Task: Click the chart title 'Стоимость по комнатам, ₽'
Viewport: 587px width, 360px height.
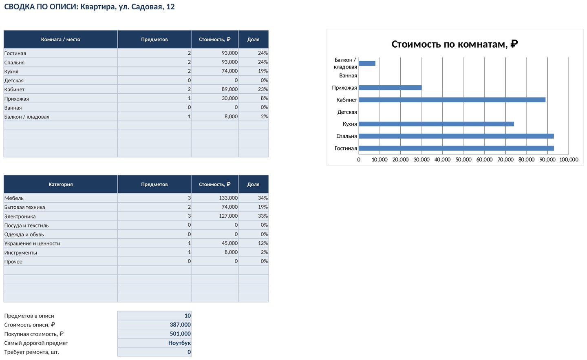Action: pos(455,44)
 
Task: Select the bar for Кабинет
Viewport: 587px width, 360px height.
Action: pos(452,100)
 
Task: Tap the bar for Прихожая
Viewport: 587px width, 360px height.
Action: pos(390,88)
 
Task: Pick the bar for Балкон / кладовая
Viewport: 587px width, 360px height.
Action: pos(367,63)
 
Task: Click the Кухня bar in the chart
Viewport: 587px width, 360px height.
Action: pos(436,124)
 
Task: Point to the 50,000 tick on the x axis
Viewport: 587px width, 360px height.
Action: pos(463,159)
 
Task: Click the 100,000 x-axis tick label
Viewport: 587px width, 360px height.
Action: pos(569,159)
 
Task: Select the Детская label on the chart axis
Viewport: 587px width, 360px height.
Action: pos(347,112)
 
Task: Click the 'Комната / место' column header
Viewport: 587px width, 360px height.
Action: pos(60,39)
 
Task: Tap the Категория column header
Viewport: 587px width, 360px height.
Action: pos(60,184)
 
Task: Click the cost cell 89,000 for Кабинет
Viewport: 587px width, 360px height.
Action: pos(230,89)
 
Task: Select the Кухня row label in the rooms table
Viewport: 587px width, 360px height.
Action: pos(11,71)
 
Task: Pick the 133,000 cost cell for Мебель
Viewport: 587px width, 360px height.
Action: pos(228,198)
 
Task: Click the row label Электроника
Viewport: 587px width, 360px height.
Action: pos(20,216)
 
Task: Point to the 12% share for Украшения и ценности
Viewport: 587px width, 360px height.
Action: pos(263,243)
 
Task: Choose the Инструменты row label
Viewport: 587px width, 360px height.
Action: pos(21,253)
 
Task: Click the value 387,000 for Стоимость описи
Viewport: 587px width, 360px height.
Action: pos(180,325)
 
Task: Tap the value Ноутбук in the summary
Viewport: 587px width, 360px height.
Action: pos(179,343)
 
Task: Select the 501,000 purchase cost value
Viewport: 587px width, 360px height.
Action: pos(180,333)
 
